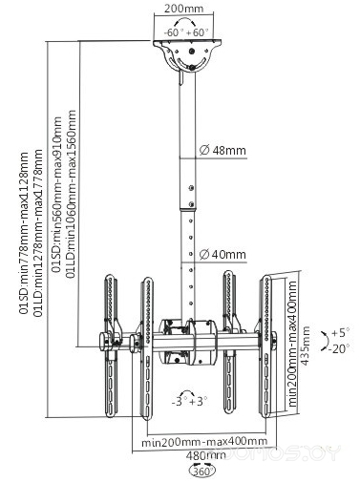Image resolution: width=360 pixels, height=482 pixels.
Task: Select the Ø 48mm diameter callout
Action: [x=222, y=150]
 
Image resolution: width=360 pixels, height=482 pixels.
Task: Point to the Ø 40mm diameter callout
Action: [x=222, y=253]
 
